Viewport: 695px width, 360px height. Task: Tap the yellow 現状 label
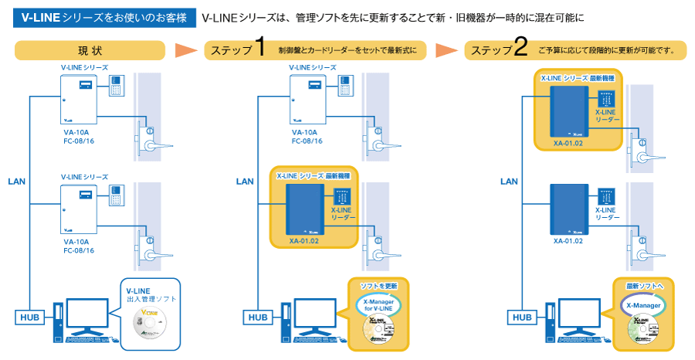[90, 51]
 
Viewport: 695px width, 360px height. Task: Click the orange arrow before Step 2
[447, 51]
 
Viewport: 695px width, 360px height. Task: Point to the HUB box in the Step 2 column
[523, 317]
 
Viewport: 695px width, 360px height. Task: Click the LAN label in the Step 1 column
[245, 182]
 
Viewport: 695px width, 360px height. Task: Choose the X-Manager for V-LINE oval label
[378, 305]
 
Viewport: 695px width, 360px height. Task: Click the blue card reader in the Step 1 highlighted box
[344, 195]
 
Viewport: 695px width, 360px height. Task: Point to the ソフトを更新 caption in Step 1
[378, 285]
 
